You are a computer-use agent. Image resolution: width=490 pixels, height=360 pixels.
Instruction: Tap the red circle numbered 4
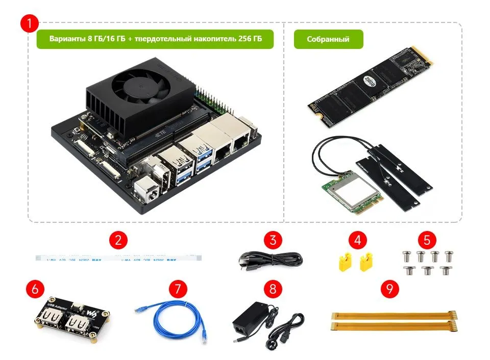pos(357,240)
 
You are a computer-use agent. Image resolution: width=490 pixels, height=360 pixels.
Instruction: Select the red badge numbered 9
pos(390,290)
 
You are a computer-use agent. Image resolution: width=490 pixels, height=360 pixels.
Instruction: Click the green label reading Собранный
pos(328,39)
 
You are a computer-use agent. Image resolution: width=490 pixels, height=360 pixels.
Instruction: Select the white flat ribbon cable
pos(118,258)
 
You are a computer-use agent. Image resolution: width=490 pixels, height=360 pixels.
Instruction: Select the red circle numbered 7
pos(177,290)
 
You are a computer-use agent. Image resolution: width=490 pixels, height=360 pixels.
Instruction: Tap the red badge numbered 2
pos(118,240)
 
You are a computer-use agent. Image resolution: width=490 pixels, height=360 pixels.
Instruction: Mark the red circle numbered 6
pos(35,290)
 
